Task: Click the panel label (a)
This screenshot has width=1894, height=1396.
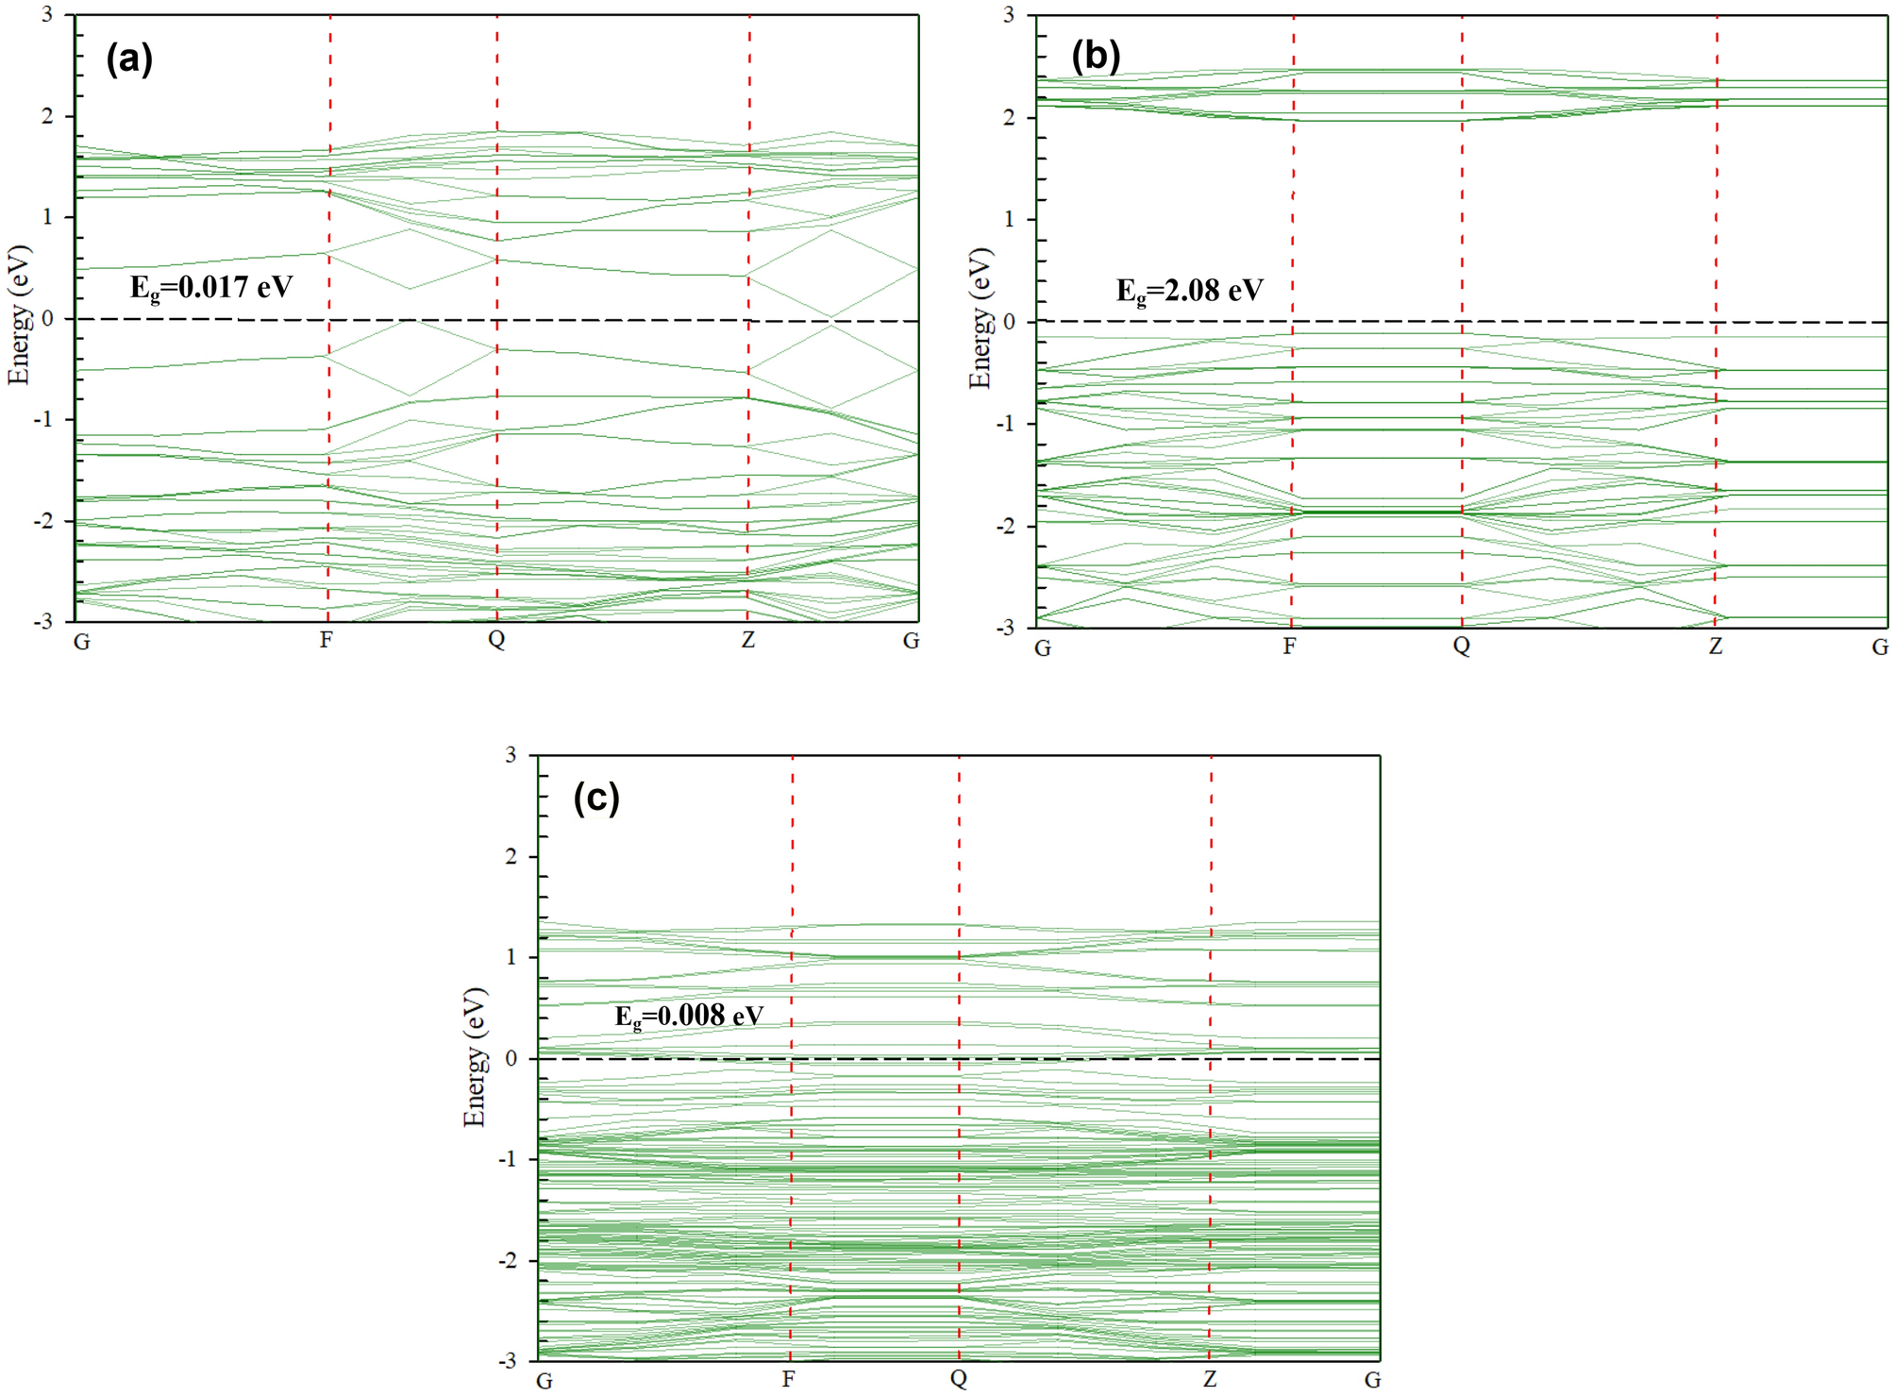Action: coord(129,59)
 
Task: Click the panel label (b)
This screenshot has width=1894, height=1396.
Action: coord(1096,58)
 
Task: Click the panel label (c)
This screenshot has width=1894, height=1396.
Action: coord(596,799)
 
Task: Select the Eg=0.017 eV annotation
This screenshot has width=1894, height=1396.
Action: coord(211,287)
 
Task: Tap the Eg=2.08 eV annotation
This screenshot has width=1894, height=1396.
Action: coord(1189,291)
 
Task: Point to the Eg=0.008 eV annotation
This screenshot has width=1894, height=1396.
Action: coord(689,1017)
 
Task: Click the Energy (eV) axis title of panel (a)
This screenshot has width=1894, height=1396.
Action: coord(19,314)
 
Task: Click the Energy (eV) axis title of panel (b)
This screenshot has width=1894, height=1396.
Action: coord(981,318)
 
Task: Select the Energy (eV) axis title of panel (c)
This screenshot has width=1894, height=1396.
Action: coord(475,1057)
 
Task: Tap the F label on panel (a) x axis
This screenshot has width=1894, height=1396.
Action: coord(326,641)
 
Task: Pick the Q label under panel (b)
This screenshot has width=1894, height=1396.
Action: coord(1461,647)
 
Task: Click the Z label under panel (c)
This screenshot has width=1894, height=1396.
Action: coord(1210,1380)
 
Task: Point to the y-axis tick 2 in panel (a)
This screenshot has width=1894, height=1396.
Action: coord(47,116)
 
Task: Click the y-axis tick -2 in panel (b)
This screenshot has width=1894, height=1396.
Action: coord(1006,526)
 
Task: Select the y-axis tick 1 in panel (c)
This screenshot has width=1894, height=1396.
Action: coord(511,957)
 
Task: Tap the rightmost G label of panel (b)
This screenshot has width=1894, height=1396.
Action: coord(1880,648)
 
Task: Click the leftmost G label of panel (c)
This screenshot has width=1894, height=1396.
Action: coord(545,1381)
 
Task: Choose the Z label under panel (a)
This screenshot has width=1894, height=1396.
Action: coord(747,641)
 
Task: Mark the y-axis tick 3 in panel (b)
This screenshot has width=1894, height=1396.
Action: coord(1009,15)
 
